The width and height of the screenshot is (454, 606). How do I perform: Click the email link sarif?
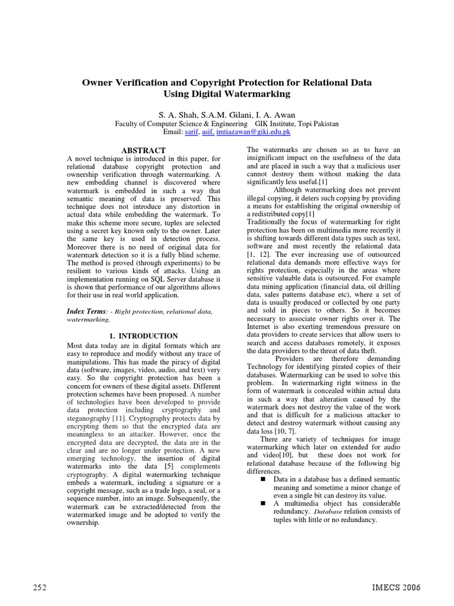coord(192,134)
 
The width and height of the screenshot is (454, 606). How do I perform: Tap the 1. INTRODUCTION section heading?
coord(144,336)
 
